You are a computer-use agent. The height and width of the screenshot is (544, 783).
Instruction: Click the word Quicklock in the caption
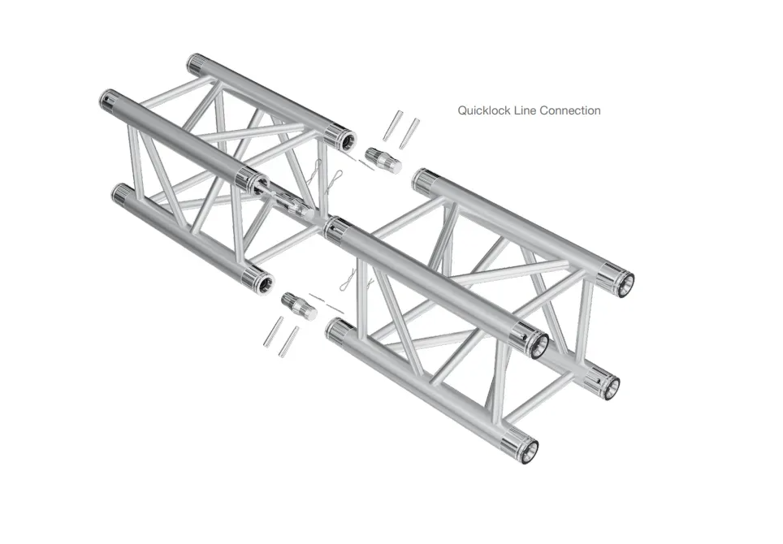(x=483, y=110)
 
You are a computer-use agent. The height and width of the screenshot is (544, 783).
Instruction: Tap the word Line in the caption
(x=525, y=110)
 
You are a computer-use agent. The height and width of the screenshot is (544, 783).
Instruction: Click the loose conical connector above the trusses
(x=383, y=160)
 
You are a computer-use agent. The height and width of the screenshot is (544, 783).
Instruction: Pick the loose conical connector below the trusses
(x=300, y=305)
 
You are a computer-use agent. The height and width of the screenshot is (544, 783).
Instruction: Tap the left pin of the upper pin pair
(x=392, y=126)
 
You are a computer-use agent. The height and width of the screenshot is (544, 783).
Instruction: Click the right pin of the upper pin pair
(x=409, y=134)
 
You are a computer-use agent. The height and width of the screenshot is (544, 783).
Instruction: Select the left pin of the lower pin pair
(x=273, y=331)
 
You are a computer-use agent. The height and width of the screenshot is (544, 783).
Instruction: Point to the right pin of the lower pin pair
(x=290, y=342)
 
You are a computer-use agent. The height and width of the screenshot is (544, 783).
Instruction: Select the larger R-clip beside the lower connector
(x=348, y=280)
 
